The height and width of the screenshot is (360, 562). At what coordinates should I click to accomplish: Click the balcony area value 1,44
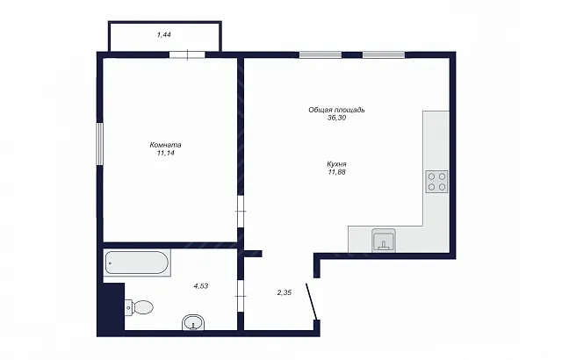tap(164, 35)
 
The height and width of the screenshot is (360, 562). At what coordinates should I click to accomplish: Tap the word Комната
tap(165, 145)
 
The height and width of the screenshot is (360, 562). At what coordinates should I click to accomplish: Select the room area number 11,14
tap(165, 153)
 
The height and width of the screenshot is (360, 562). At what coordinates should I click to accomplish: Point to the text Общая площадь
tap(336, 110)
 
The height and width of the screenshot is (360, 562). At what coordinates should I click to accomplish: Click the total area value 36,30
tap(336, 118)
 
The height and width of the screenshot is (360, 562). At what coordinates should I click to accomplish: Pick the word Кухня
tap(336, 164)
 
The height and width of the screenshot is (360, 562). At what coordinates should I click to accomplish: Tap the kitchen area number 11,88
tap(336, 172)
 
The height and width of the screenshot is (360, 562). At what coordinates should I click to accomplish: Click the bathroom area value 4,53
tap(201, 286)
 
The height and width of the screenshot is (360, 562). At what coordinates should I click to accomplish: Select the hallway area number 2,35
tap(285, 292)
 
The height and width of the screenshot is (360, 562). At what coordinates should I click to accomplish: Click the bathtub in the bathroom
tap(137, 263)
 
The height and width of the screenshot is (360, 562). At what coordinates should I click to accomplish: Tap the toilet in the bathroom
tap(140, 307)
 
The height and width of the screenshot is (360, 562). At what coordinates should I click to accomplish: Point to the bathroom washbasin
tap(193, 322)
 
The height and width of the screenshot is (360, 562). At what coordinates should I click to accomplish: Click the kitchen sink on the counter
tap(384, 241)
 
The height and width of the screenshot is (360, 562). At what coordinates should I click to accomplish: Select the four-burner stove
tap(437, 182)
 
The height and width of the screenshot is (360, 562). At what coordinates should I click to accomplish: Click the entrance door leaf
tap(311, 301)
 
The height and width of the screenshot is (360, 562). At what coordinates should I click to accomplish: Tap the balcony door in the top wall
tap(187, 54)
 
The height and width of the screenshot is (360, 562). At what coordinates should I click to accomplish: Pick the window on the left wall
tap(99, 144)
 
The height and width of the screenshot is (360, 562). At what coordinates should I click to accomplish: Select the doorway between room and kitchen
tap(241, 212)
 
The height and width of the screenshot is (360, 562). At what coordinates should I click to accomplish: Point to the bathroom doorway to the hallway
tap(241, 296)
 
